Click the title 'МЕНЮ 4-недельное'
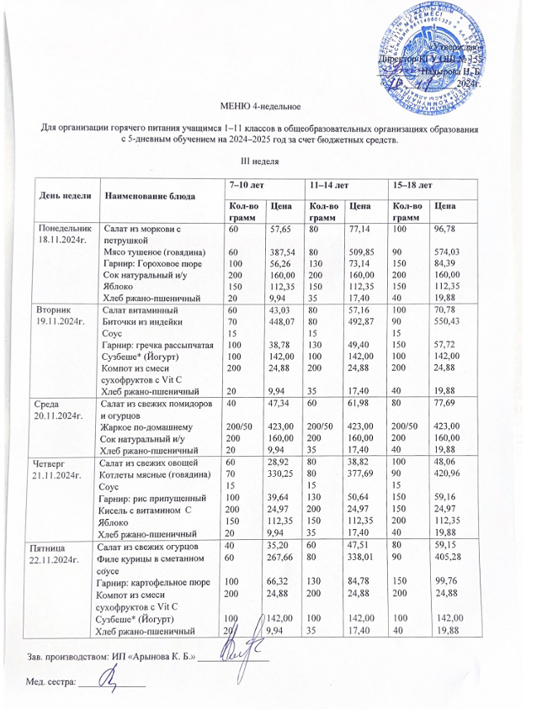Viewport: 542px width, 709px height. click(x=261, y=107)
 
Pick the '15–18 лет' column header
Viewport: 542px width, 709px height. click(x=413, y=183)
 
